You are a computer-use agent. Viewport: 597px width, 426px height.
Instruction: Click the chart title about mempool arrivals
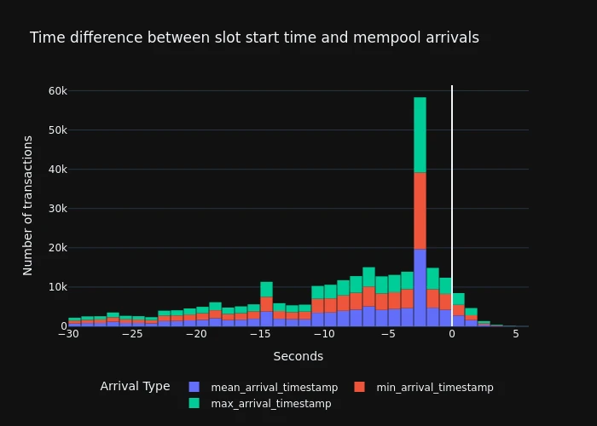pos(254,38)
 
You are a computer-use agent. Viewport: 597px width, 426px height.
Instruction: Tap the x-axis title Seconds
pos(298,356)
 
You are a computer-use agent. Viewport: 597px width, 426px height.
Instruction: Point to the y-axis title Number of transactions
pos(28,204)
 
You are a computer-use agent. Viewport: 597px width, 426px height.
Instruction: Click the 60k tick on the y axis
pos(56,91)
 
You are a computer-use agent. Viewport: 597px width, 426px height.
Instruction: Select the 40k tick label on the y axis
pos(56,170)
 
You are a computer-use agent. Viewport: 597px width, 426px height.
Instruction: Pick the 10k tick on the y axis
pos(56,287)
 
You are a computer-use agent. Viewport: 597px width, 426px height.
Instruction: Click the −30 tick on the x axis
pos(68,334)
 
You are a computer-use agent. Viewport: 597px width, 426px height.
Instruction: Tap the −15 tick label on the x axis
pos(259,334)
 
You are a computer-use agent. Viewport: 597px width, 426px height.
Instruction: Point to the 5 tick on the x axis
pos(516,334)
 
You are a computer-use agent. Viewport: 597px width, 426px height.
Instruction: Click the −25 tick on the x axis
pos(131,334)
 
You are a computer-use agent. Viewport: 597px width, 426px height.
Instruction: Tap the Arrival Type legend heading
pos(135,387)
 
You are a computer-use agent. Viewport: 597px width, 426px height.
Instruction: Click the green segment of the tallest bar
pos(420,135)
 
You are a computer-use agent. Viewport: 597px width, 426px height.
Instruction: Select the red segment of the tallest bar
pos(420,210)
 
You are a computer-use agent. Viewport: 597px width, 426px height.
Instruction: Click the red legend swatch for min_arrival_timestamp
pos(360,387)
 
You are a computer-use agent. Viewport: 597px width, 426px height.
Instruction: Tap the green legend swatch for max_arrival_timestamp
pos(194,403)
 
